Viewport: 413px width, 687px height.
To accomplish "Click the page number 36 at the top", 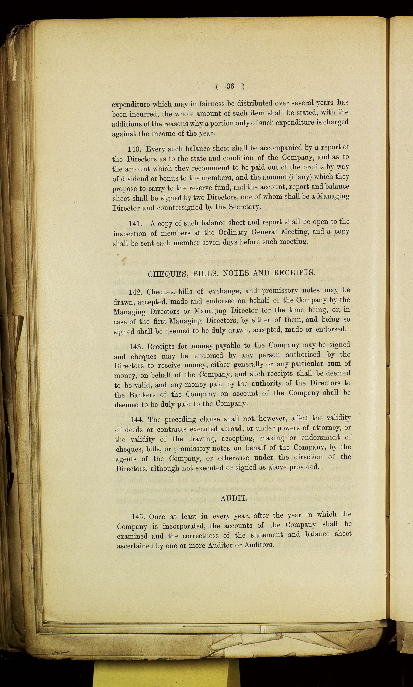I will point(230,86).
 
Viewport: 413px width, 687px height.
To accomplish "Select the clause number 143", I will point(137,347).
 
